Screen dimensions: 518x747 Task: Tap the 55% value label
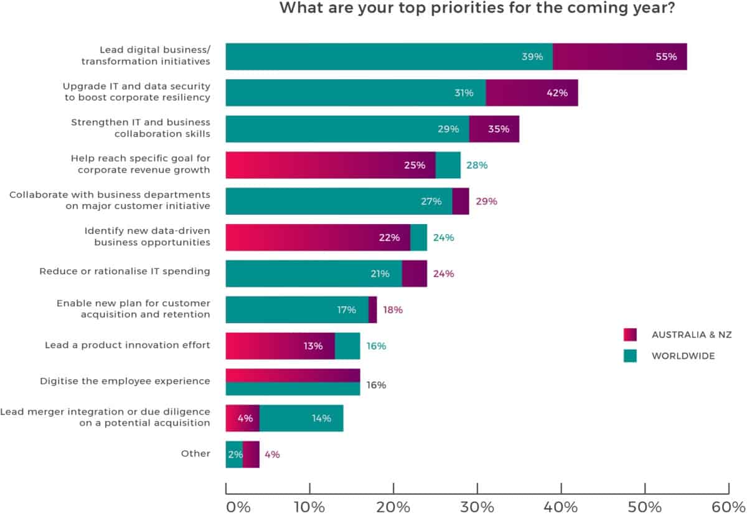pyautogui.click(x=666, y=57)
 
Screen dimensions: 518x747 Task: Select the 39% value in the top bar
pyautogui.click(x=532, y=57)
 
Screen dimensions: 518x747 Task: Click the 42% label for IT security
pyautogui.click(x=557, y=93)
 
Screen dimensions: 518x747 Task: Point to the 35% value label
pyautogui.click(x=499, y=129)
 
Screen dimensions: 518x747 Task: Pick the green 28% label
pyautogui.click(x=477, y=165)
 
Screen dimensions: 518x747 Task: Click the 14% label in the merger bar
pyautogui.click(x=321, y=418)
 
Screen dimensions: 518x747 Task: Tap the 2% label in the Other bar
pyautogui.click(x=234, y=454)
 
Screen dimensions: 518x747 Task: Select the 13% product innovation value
pyautogui.click(x=312, y=346)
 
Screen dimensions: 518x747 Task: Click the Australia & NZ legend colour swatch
pyautogui.click(x=630, y=334)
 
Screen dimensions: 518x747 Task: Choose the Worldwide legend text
pyautogui.click(x=683, y=356)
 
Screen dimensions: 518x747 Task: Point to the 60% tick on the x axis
pyautogui.click(x=728, y=506)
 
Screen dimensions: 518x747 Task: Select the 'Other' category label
pyautogui.click(x=195, y=454)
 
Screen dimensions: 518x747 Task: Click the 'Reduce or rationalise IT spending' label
pyautogui.click(x=125, y=271)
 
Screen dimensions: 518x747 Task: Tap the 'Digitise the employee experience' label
pyautogui.click(x=125, y=380)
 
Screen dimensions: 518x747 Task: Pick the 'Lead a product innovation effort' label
pyautogui.click(x=127, y=344)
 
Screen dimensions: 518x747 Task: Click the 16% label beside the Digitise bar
pyautogui.click(x=375, y=385)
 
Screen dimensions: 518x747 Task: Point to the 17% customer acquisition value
pyautogui.click(x=347, y=309)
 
